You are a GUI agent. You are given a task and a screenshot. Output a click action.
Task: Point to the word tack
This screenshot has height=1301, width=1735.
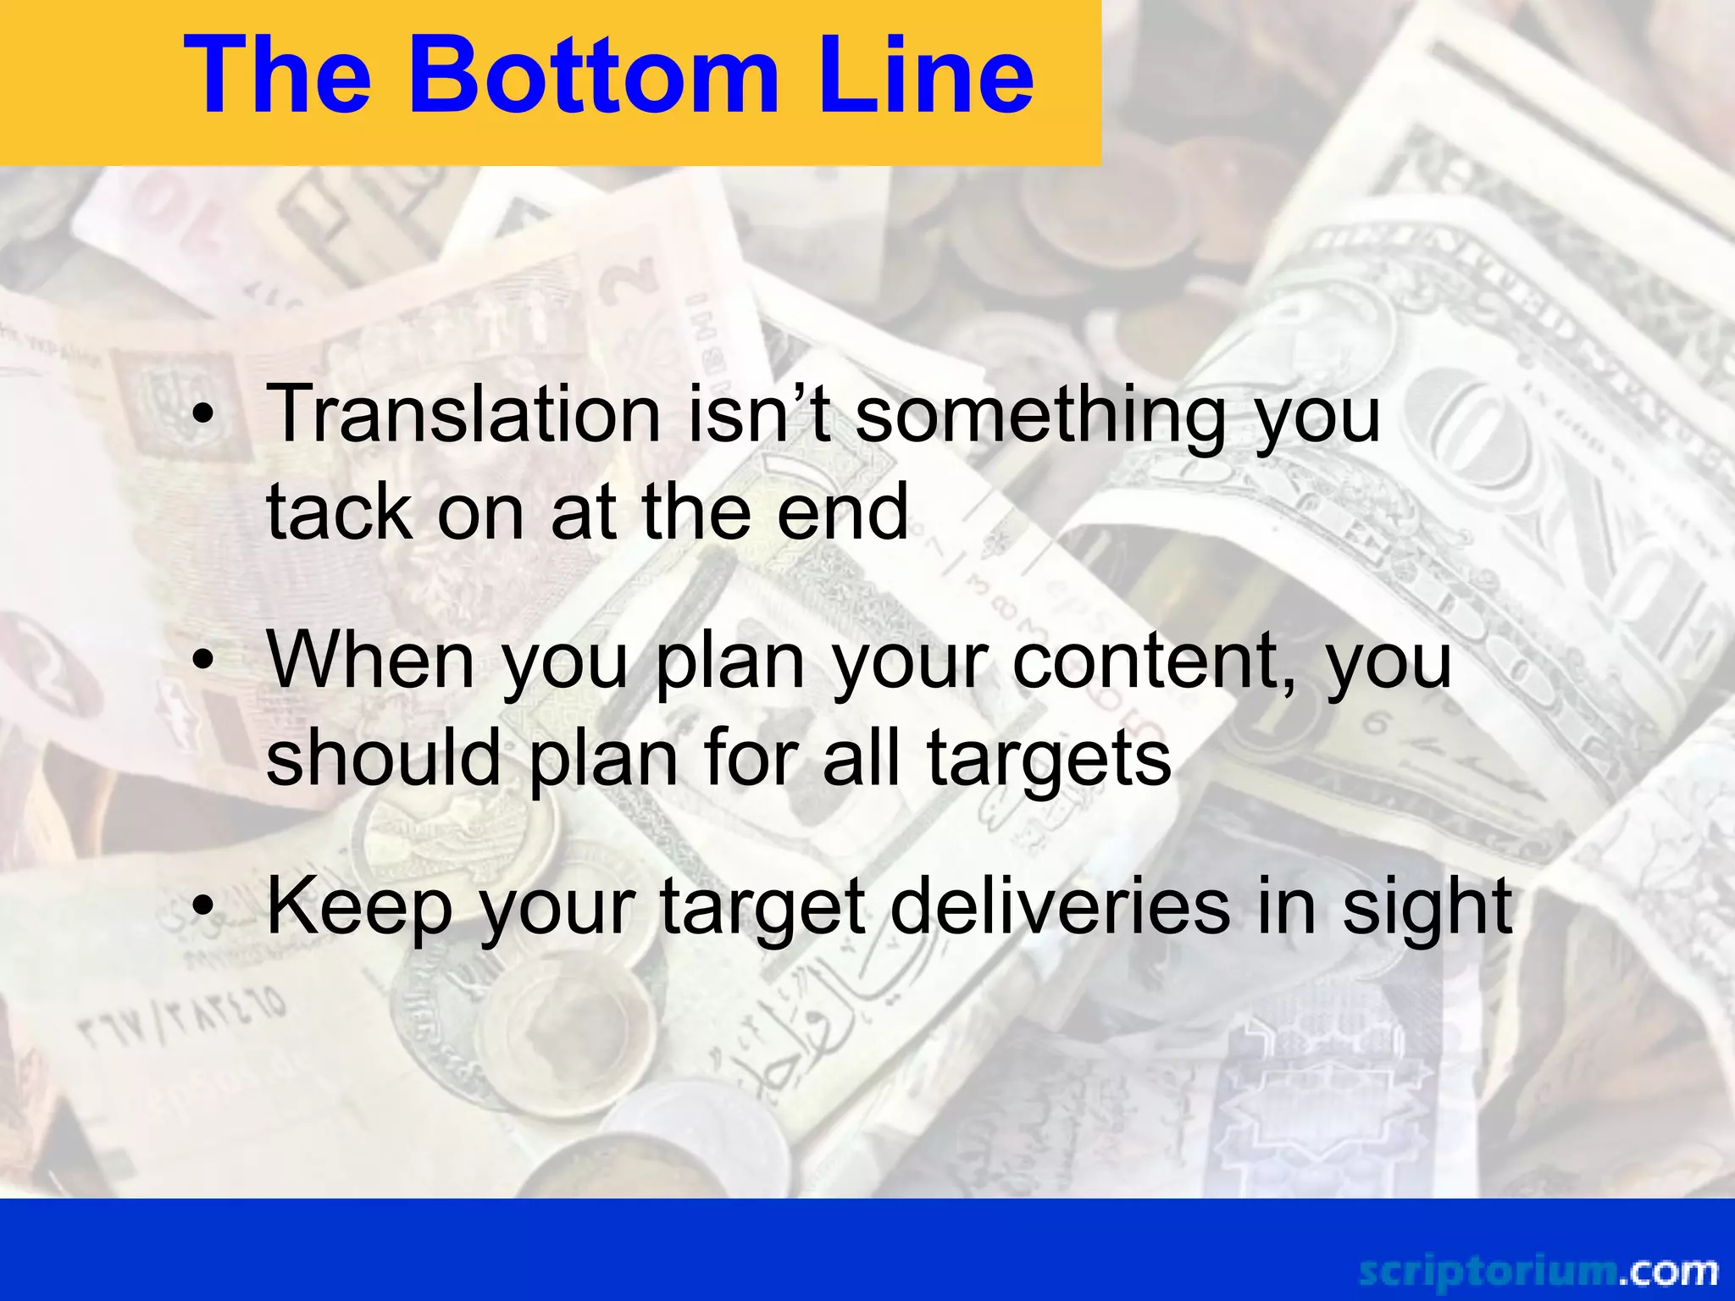click(339, 512)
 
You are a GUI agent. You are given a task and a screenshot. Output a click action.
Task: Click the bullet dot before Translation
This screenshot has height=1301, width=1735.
click(203, 415)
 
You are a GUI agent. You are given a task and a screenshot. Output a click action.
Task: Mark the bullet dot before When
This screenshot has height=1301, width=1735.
click(203, 662)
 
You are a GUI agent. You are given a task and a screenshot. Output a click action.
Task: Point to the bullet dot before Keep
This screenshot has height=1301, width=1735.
click(203, 907)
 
